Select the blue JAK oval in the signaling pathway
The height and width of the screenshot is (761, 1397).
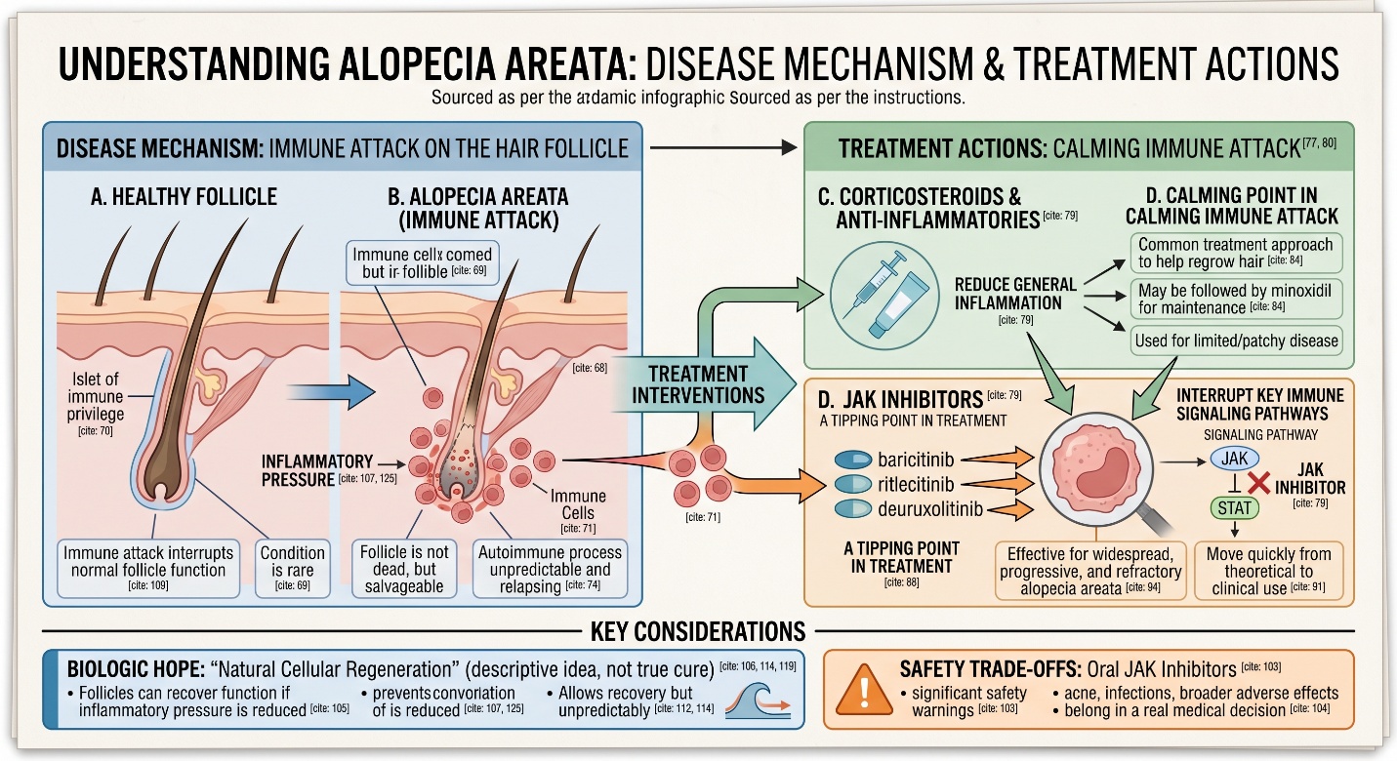[1234, 459]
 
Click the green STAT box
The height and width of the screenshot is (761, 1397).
[1234, 507]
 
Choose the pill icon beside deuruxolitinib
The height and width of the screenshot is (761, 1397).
[853, 508]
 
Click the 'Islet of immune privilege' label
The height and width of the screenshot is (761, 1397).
[96, 397]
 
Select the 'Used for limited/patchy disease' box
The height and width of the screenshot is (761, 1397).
[1235, 340]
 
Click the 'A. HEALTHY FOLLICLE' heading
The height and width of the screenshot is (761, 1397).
[184, 197]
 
